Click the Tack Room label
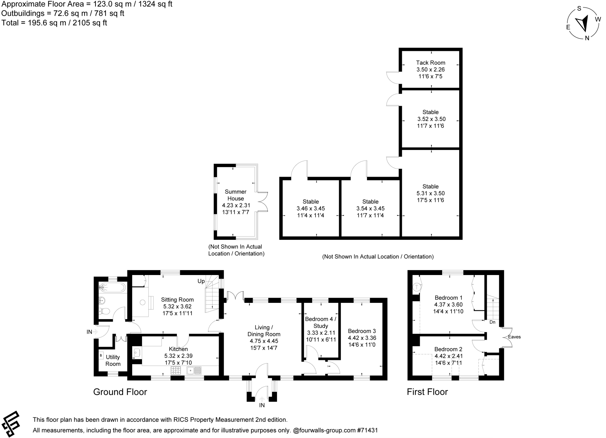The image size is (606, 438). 430,63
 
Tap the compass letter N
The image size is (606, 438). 587,38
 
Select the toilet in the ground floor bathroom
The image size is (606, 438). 104,311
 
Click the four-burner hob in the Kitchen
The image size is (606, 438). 176,370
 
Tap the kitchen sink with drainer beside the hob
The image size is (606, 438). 194,370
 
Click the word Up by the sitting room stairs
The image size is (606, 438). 201,281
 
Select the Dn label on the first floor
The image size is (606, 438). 492,322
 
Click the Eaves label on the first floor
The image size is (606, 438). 514,337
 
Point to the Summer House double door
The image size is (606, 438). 263,202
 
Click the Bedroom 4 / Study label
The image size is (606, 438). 320,322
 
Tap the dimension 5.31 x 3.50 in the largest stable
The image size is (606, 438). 431,193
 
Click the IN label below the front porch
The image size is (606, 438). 262,405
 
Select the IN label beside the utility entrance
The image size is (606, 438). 89,332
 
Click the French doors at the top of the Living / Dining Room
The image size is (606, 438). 236,297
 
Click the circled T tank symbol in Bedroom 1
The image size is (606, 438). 417,287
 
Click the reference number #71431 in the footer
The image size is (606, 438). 367,430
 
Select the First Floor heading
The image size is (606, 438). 427,392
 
